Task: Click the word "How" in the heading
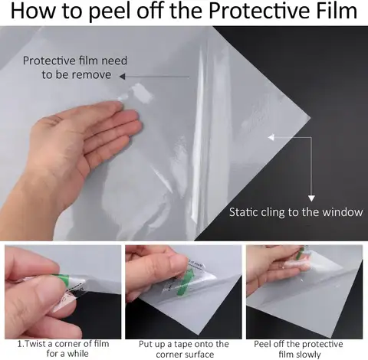pos(33,13)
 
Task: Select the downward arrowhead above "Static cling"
pos(311,197)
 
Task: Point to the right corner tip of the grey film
pos(312,119)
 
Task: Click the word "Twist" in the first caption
pos(38,344)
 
